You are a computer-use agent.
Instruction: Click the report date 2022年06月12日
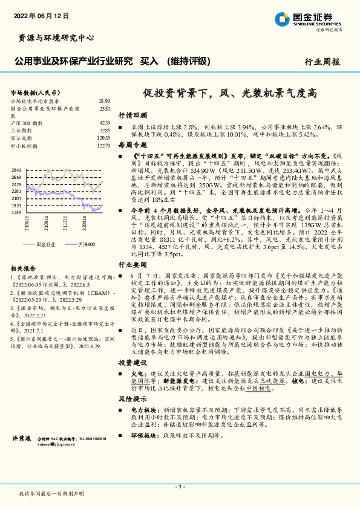pos(36,16)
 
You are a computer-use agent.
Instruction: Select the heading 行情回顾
pos(133,114)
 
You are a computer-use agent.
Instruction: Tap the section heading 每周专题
pos(133,145)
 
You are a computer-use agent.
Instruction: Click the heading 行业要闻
pos(133,264)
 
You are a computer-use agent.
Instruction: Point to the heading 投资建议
pos(133,362)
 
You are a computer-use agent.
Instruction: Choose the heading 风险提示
pos(133,400)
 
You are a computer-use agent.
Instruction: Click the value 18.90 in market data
pos(104,101)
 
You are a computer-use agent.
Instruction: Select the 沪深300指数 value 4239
pos(104,123)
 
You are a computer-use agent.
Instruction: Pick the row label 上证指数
pos(23,130)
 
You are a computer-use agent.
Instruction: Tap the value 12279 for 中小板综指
pos(103,146)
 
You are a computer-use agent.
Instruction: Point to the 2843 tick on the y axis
pos(17,170)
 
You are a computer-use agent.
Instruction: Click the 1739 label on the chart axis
pos(17,213)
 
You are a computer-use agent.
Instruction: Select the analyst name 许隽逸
pos(22,436)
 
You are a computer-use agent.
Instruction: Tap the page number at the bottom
pos(180,487)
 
